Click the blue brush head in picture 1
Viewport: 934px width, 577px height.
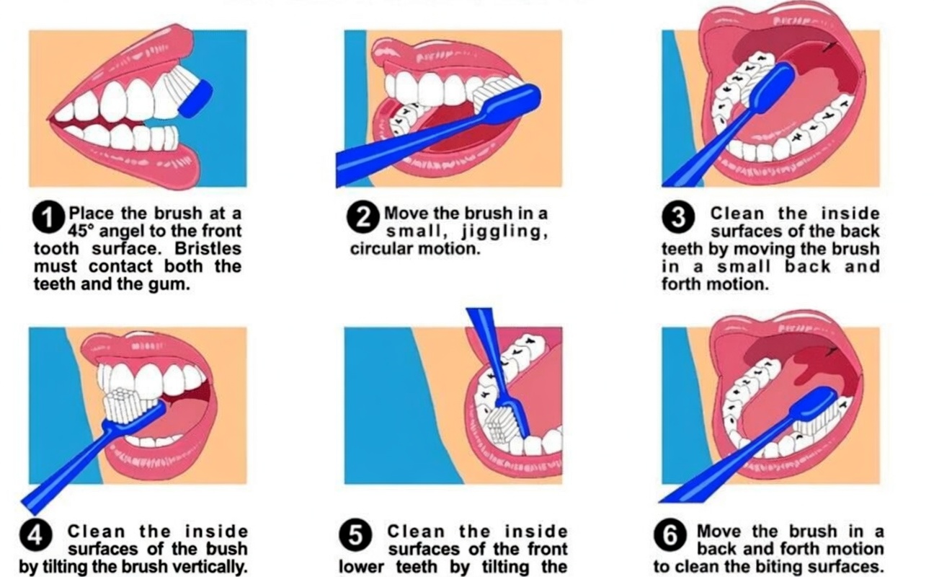(195, 98)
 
